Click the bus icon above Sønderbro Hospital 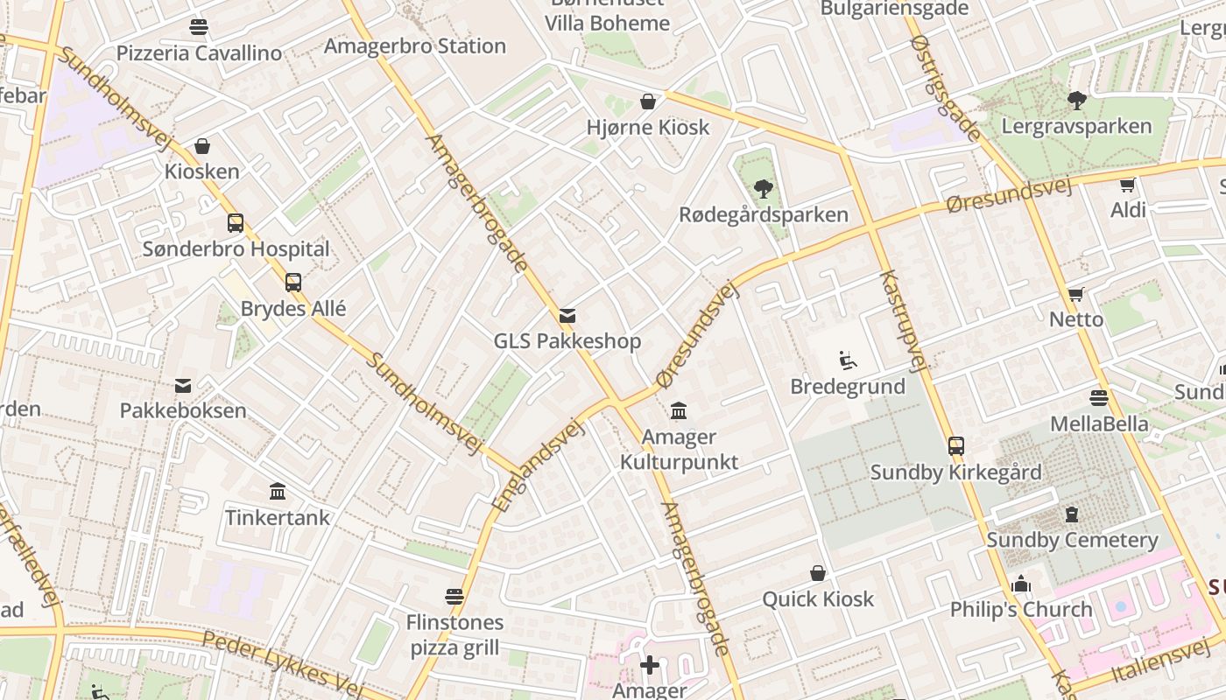[x=236, y=223]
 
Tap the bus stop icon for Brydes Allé [x=293, y=283]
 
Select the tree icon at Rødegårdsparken [x=764, y=188]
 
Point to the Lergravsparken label [x=1076, y=126]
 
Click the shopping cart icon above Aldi [x=1128, y=185]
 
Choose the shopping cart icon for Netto [x=1075, y=294]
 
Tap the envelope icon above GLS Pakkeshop [x=567, y=316]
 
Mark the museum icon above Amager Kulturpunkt [x=679, y=410]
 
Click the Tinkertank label [x=278, y=517]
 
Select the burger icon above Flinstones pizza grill [x=454, y=597]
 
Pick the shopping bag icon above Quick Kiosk [x=818, y=573]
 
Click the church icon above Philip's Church [x=1021, y=584]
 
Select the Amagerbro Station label [x=415, y=45]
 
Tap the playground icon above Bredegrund [x=847, y=360]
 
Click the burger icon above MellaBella [x=1099, y=398]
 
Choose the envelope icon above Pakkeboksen [x=183, y=385]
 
